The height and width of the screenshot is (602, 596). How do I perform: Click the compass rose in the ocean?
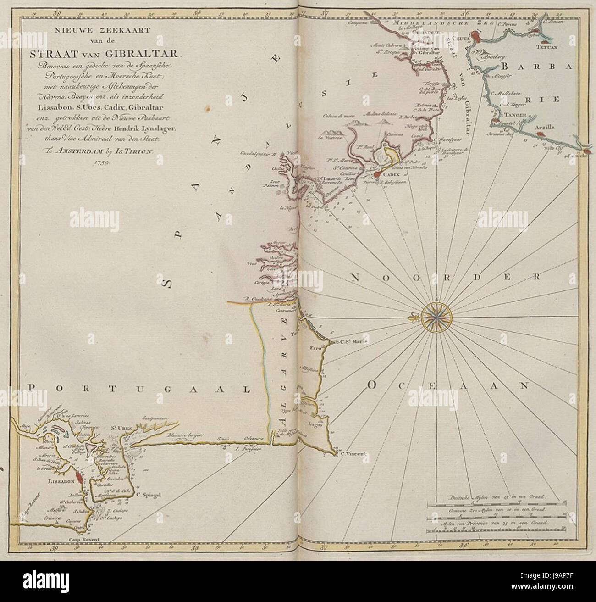[x=435, y=316]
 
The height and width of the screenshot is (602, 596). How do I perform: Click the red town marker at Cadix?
[x=376, y=174]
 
